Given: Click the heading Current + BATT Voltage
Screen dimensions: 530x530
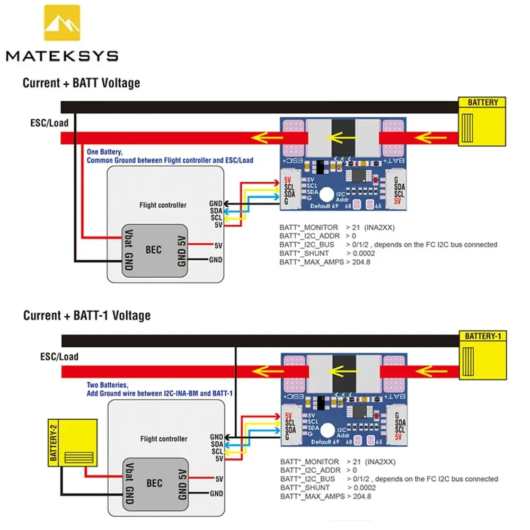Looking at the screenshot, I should click(81, 83).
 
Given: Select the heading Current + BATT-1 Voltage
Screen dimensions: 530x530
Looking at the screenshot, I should click(86, 316).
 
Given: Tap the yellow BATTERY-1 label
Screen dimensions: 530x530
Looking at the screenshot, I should click(482, 336).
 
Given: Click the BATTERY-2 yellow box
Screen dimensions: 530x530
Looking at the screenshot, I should click(73, 443).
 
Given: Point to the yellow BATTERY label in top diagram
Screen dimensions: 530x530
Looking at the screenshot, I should click(482, 102).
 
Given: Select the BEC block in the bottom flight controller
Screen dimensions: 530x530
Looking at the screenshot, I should click(154, 483).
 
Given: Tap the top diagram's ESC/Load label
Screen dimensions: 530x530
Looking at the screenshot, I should click(49, 123).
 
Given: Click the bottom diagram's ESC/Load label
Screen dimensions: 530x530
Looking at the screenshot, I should click(59, 357).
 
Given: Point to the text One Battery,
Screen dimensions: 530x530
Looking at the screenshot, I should click(105, 152).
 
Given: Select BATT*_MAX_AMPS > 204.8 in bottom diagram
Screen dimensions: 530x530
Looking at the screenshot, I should click(325, 496).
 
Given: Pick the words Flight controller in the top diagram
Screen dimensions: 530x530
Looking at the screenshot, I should click(163, 205).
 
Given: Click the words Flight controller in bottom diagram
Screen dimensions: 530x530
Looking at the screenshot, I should click(163, 439).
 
